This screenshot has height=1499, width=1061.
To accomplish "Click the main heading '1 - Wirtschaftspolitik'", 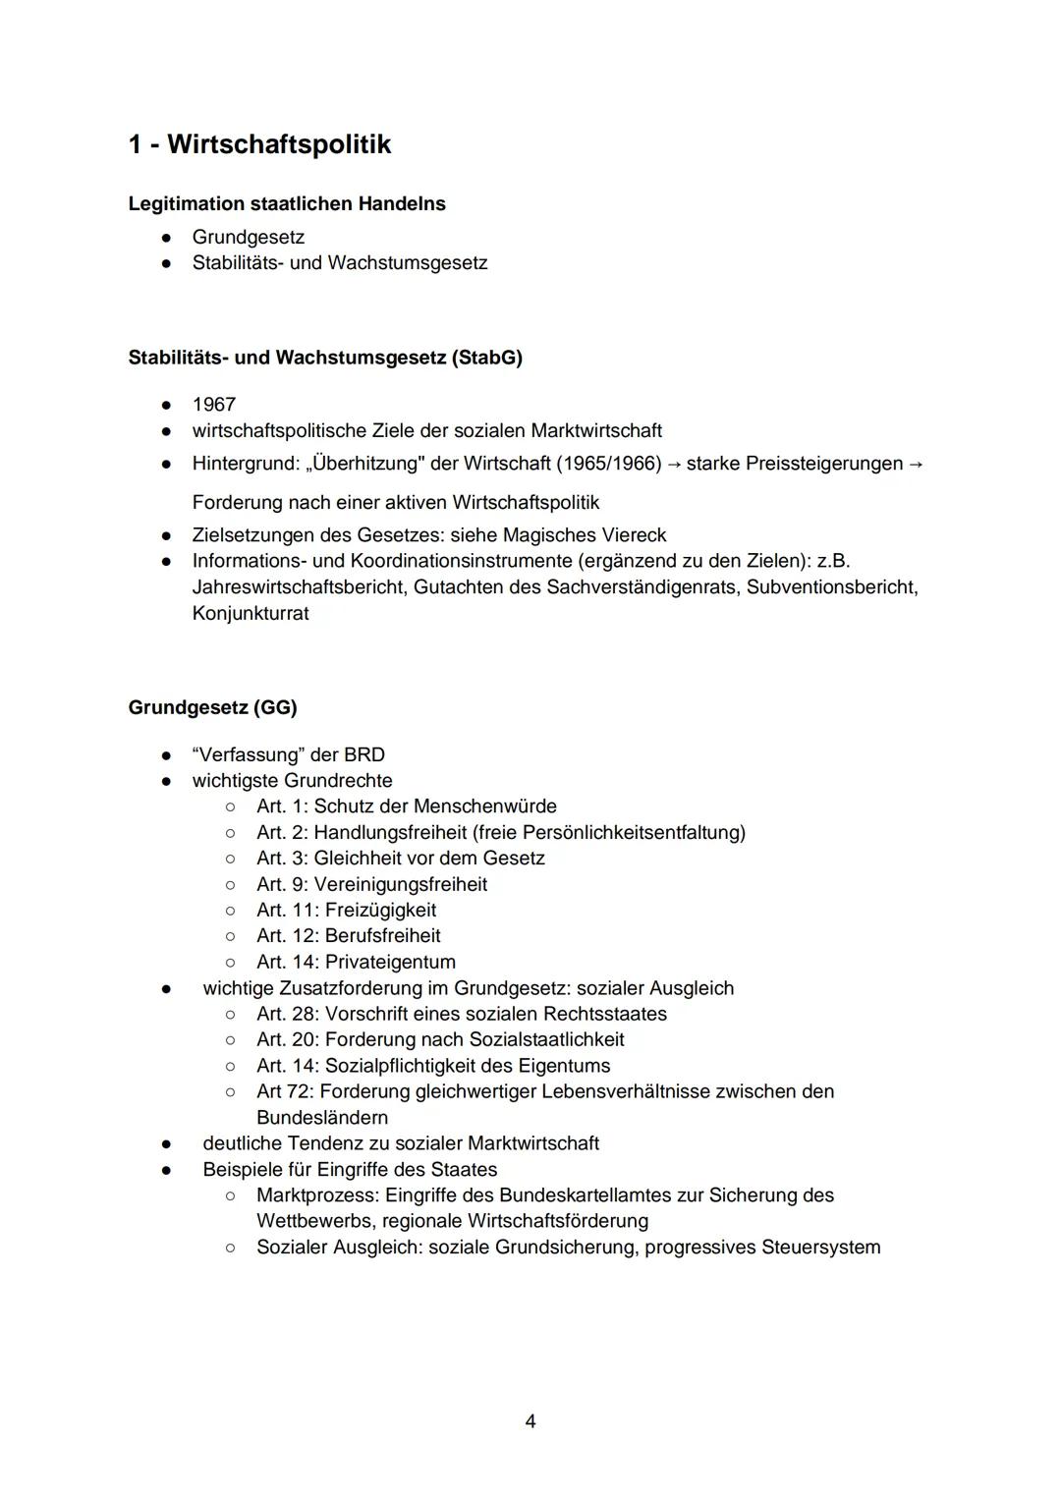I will [259, 144].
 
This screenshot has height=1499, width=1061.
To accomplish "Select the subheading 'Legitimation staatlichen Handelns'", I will [287, 204].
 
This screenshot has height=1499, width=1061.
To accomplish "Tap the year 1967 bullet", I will [214, 405].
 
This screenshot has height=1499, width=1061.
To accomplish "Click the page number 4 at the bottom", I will [530, 1421].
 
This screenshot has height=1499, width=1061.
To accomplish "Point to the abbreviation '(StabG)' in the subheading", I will [487, 358].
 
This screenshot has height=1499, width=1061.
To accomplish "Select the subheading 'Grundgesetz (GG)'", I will [212, 707].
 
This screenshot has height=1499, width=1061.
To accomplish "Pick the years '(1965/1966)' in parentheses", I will [608, 463].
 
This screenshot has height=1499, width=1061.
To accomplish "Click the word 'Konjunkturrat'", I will [251, 613].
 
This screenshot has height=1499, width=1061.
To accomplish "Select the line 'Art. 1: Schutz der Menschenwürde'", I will [407, 806].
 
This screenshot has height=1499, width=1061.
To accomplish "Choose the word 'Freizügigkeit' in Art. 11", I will [380, 911].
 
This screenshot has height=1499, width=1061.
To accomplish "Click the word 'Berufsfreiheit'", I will [382, 936].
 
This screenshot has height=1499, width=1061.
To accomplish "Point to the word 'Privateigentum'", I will [390, 963].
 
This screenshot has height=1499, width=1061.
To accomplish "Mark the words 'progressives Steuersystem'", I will [762, 1248].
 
